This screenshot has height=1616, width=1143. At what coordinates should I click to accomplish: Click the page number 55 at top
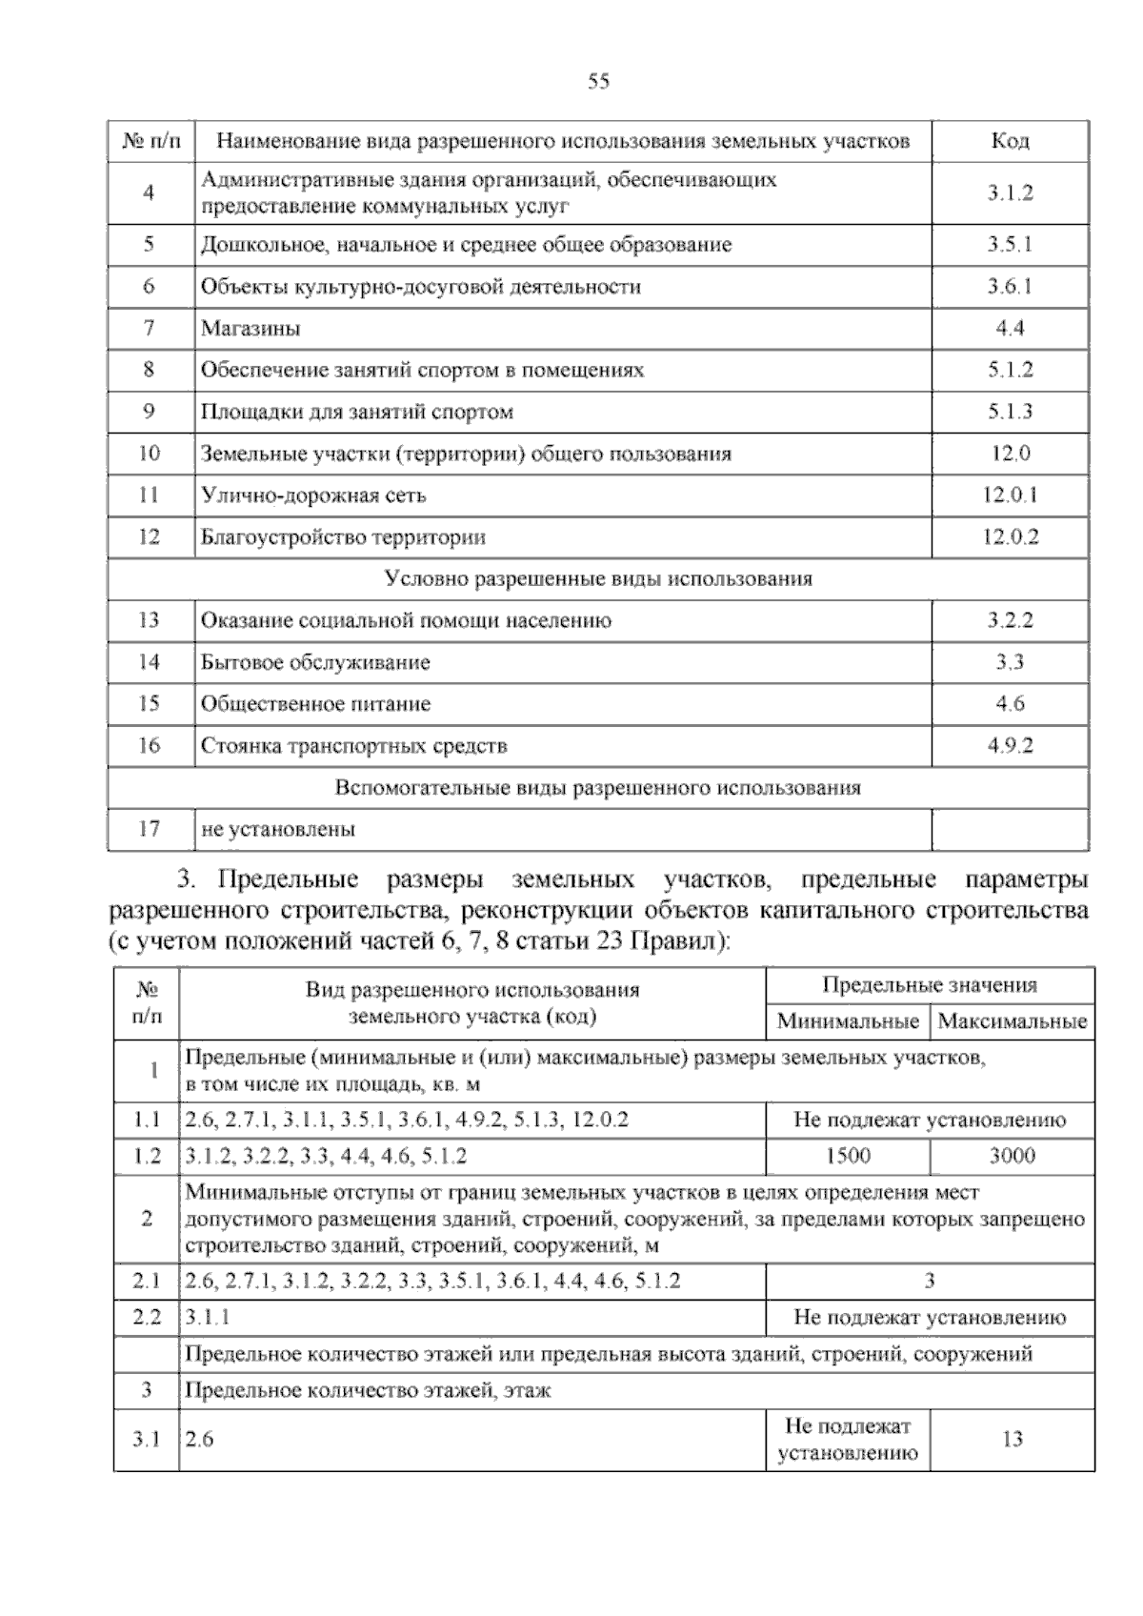pyautogui.click(x=598, y=82)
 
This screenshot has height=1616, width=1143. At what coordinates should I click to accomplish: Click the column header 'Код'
pyautogui.click(x=1010, y=142)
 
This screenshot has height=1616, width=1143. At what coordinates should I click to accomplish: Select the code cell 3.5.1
pyautogui.click(x=1010, y=245)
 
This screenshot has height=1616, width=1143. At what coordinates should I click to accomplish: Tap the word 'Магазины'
pyautogui.click(x=251, y=329)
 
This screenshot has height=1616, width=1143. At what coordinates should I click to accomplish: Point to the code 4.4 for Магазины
pyautogui.click(x=1010, y=329)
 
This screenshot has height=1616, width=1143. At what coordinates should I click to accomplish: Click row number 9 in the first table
pyautogui.click(x=150, y=413)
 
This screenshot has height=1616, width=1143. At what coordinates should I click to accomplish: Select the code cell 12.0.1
pyautogui.click(x=1010, y=495)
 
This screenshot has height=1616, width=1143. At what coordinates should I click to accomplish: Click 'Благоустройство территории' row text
pyautogui.click(x=343, y=537)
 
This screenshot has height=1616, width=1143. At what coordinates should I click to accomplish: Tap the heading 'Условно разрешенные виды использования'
pyautogui.click(x=598, y=579)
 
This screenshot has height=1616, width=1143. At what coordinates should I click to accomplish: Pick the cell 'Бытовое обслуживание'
pyautogui.click(x=315, y=662)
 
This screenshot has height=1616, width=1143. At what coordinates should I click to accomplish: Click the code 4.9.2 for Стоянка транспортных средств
pyautogui.click(x=1010, y=746)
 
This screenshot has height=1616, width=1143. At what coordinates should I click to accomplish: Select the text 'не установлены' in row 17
pyautogui.click(x=278, y=830)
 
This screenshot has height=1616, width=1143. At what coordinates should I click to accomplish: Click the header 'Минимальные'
pyautogui.click(x=848, y=1022)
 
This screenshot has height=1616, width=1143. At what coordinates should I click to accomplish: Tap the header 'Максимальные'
pyautogui.click(x=1012, y=1022)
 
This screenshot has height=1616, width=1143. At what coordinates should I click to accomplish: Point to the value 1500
pyautogui.click(x=848, y=1157)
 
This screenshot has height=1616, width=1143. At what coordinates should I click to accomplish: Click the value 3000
pyautogui.click(x=1012, y=1157)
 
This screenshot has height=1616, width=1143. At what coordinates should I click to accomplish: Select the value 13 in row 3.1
pyautogui.click(x=1012, y=1440)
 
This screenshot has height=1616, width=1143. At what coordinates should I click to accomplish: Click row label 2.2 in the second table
pyautogui.click(x=147, y=1318)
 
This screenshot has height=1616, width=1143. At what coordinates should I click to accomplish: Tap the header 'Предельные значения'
pyautogui.click(x=930, y=986)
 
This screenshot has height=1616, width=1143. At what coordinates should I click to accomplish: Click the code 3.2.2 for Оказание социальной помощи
pyautogui.click(x=1010, y=621)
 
